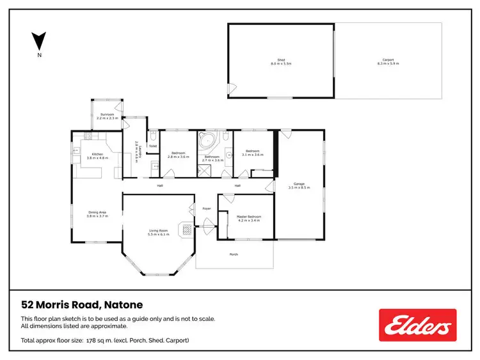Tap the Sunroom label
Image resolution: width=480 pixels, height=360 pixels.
107,114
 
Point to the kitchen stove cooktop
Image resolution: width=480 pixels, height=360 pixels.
88,136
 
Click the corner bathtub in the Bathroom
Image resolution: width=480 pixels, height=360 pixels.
208,141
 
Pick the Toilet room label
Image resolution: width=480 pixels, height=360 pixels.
153,146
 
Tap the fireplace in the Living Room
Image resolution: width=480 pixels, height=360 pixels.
186,230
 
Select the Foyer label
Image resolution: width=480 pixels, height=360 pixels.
207,208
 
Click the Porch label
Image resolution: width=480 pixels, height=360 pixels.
234,254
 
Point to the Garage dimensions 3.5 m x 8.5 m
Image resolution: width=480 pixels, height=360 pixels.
299,187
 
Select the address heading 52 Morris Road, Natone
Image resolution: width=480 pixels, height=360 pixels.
82,305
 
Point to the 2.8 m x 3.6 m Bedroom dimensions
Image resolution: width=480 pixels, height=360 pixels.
179,157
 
